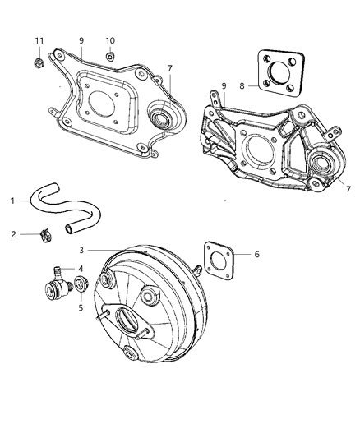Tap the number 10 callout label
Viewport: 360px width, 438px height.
click(x=110, y=41)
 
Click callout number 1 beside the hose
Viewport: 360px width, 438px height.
click(x=12, y=200)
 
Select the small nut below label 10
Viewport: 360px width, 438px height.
click(x=109, y=58)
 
